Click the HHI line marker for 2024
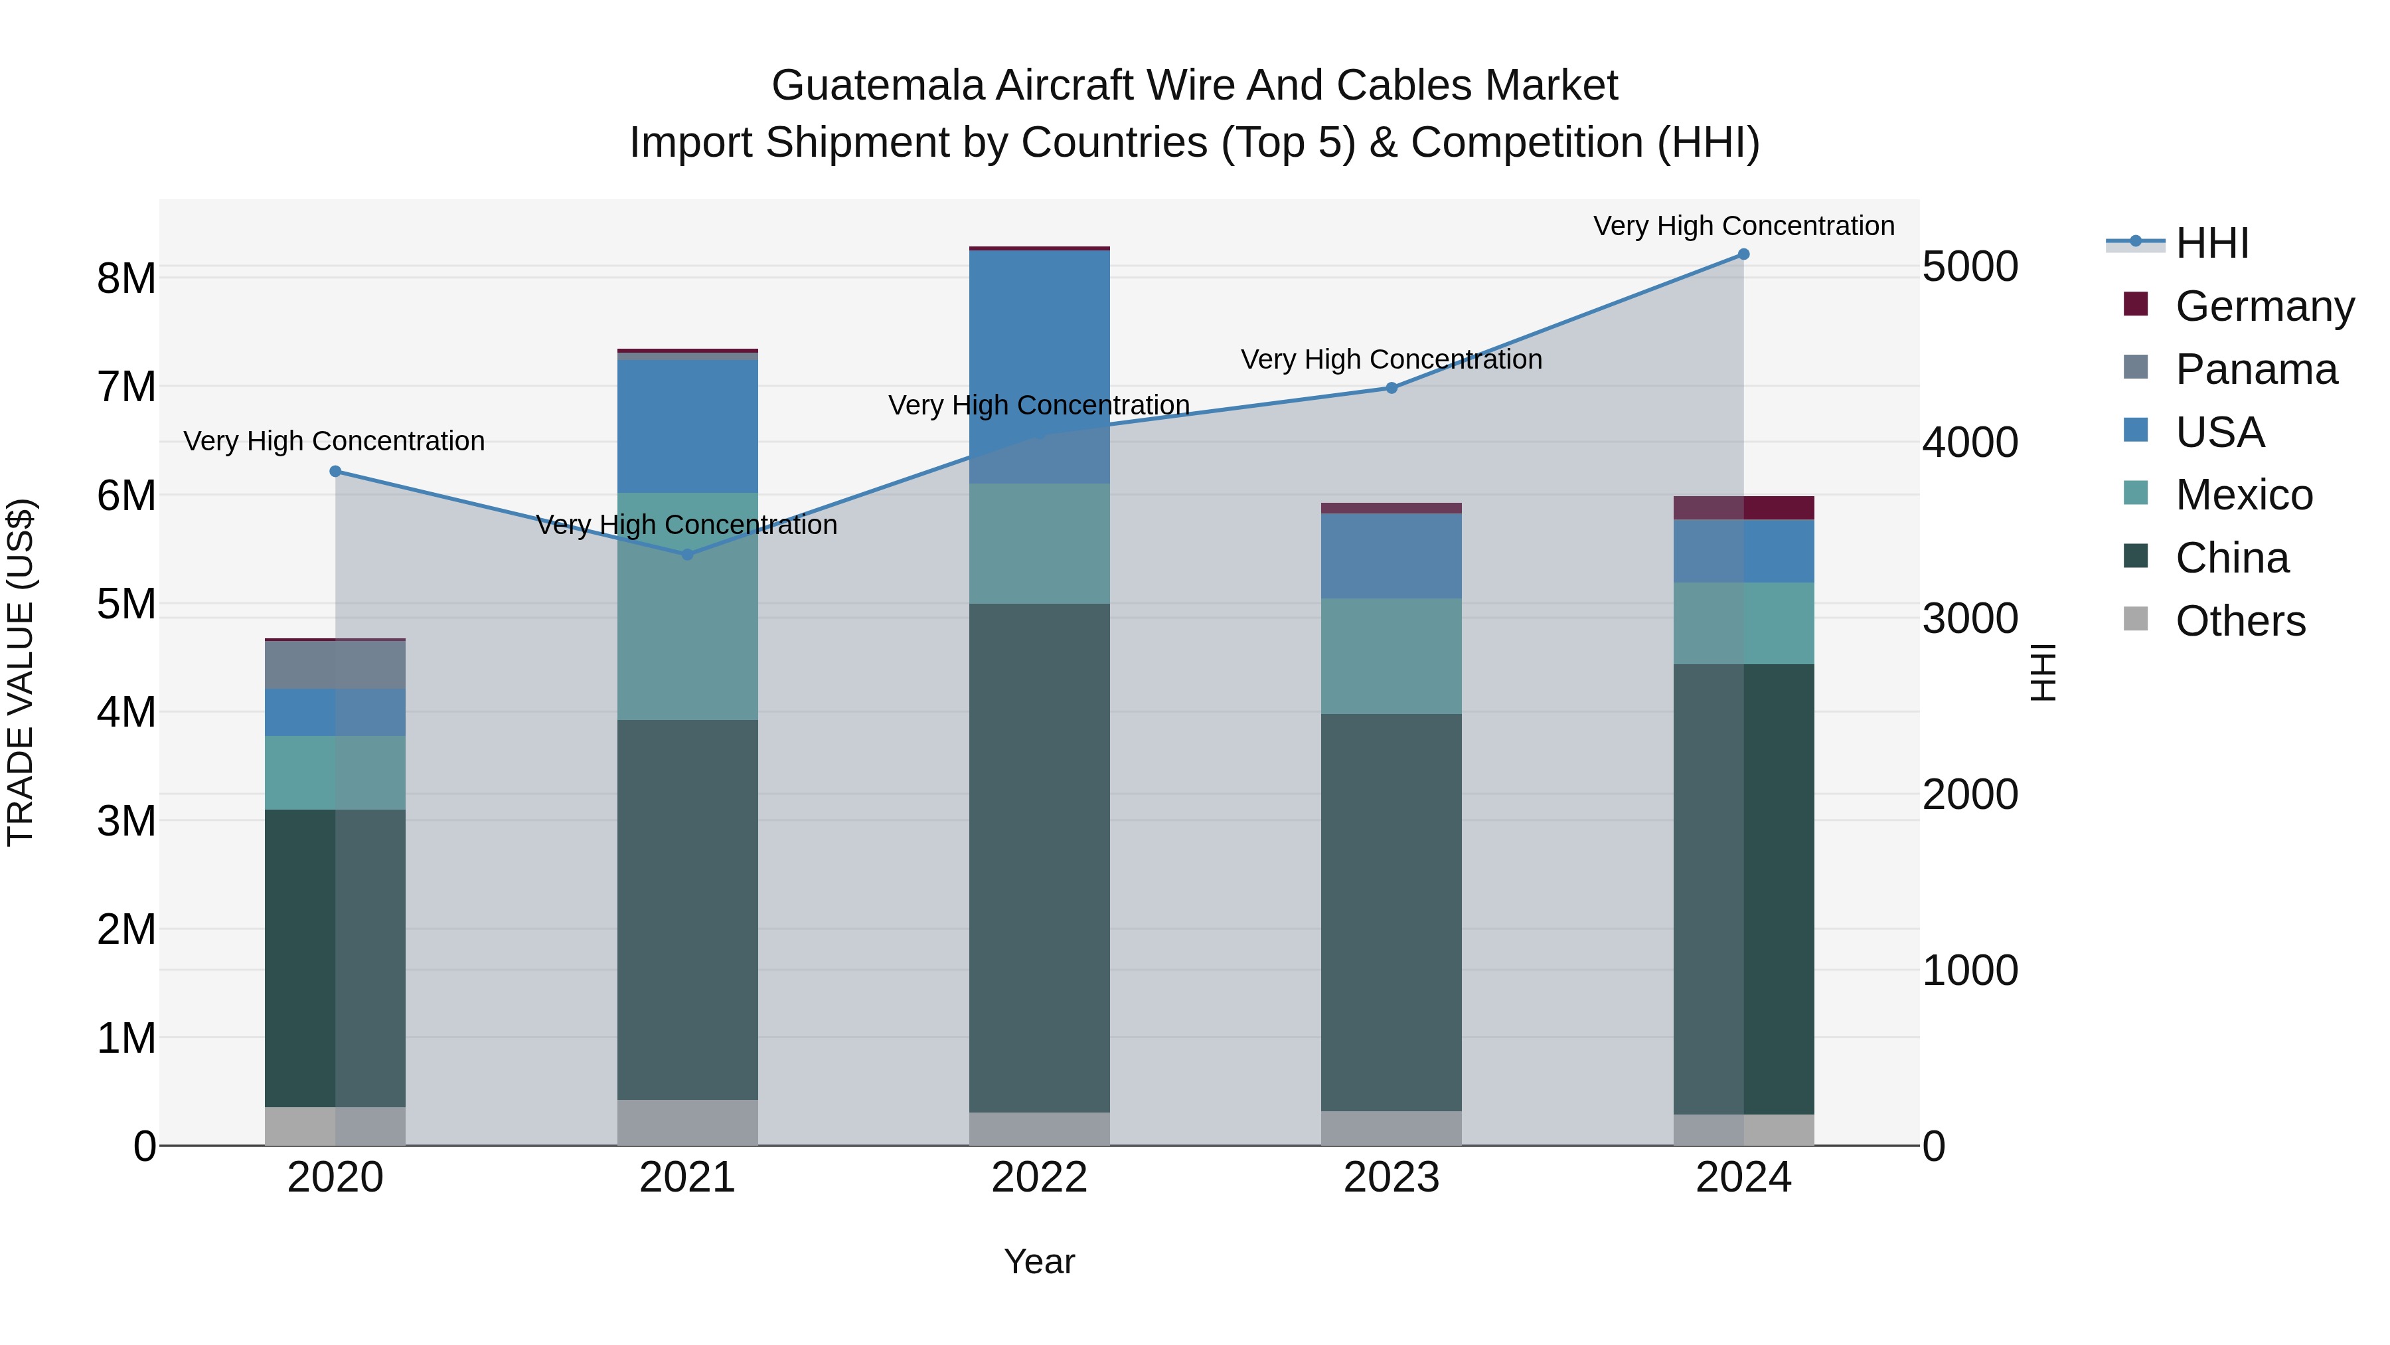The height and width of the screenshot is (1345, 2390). coord(1743,254)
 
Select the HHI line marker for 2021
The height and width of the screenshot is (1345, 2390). coord(688,555)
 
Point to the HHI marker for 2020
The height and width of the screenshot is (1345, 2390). coord(336,472)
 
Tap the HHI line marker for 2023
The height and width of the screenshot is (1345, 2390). coord(1392,388)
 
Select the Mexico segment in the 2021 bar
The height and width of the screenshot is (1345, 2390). coord(688,606)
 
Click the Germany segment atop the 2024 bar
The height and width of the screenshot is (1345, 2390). coord(1744,507)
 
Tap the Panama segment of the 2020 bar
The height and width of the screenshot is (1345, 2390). coord(336,665)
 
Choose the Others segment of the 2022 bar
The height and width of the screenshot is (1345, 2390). coord(1039,1128)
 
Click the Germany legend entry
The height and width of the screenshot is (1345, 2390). coord(2264,306)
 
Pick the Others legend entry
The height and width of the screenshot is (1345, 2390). coord(2240,621)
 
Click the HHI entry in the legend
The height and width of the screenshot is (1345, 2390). coord(2212,243)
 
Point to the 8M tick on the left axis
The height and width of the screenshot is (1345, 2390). coord(126,278)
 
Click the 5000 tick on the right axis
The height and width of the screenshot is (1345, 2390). coord(1970,266)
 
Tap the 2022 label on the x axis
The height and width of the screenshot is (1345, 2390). coord(1039,1178)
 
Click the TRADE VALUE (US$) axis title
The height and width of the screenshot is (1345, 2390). coord(21,672)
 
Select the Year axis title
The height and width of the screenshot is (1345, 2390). coord(1039,1261)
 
